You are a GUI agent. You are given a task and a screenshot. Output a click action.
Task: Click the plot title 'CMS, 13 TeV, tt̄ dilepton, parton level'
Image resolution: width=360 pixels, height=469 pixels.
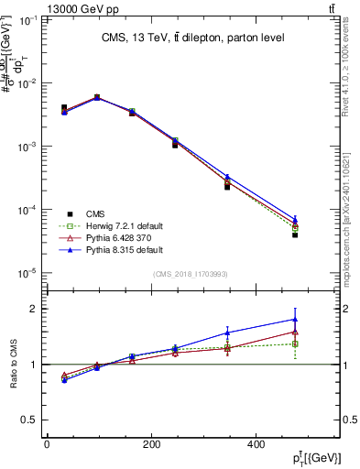click(191, 38)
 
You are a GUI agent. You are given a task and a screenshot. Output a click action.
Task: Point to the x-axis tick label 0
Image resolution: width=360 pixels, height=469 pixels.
click(48, 443)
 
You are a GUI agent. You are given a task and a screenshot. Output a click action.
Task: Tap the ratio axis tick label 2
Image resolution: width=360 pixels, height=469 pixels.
click(34, 309)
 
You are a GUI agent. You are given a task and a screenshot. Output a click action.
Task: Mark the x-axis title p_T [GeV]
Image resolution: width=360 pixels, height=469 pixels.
click(317, 457)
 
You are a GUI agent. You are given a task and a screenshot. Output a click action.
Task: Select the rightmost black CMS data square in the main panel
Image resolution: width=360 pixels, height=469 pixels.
click(295, 235)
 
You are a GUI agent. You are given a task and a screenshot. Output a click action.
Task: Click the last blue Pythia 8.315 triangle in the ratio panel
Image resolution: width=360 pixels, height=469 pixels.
click(295, 320)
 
